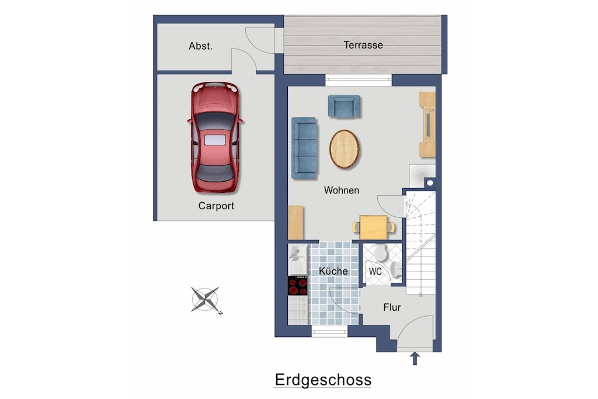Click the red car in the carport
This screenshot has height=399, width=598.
tap(215, 137)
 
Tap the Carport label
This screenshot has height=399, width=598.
tap(216, 206)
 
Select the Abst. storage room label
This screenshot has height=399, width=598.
tap(201, 46)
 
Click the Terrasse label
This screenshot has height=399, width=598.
tap(363, 45)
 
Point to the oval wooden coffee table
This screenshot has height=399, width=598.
tap(345, 149)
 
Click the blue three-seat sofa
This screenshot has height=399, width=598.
tap(304, 148)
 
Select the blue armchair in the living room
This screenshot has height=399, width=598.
tap(344, 106)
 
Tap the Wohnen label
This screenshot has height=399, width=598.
tap(341, 190)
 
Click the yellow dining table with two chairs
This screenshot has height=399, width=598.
tap(373, 227)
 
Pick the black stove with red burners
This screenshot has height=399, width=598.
tap(298, 286)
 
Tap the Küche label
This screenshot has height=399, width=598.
tap(333, 271)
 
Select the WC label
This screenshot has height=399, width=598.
tap(376, 272)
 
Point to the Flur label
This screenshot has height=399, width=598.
tap(392, 307)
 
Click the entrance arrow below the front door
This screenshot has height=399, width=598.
tap(415, 359)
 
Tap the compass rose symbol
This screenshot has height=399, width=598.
tap(205, 300)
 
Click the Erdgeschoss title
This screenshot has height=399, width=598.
tap(323, 380)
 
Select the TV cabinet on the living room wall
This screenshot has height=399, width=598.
tap(427, 124)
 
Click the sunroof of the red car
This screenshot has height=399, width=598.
tap(215, 140)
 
